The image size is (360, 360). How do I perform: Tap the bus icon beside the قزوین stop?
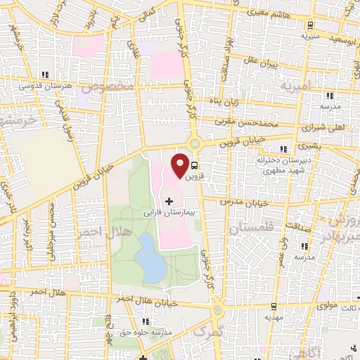tap(194, 167)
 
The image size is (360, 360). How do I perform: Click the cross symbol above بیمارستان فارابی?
tap(168, 201)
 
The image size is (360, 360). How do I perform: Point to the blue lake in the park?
tap(148, 256)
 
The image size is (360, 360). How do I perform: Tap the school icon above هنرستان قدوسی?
tap(45, 75)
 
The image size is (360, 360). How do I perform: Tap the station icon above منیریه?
tap(305, 24)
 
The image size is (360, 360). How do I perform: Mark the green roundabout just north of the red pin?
tap(196, 145)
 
